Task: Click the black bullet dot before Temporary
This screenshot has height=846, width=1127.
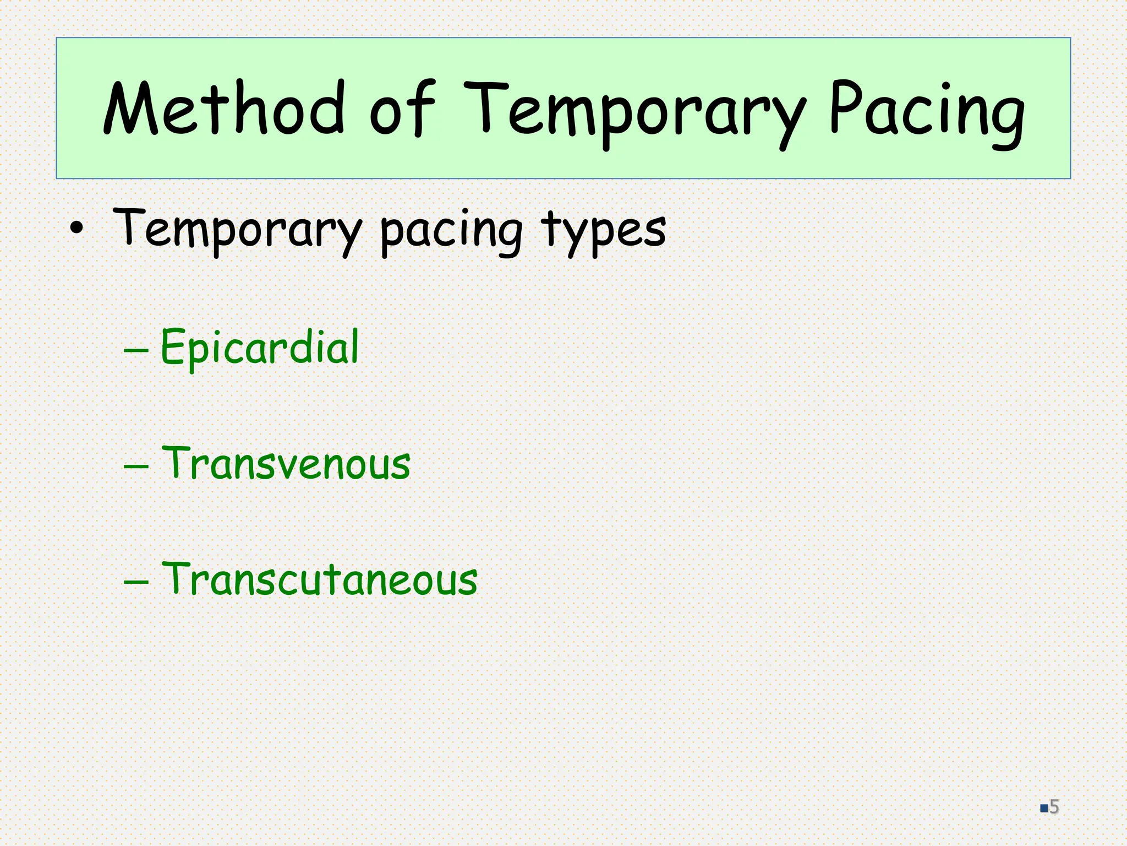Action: point(77,229)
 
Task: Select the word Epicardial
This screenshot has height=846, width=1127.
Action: point(259,347)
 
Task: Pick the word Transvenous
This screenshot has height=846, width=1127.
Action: point(286,463)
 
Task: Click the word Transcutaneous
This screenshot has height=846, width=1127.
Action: point(320,579)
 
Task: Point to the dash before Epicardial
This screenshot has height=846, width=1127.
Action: point(136,350)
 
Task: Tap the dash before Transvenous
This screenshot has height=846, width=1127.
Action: point(136,466)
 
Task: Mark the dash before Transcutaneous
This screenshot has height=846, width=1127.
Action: point(136,582)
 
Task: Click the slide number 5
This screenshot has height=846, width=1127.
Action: point(1054,807)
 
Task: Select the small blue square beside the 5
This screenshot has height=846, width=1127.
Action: point(1043,809)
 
